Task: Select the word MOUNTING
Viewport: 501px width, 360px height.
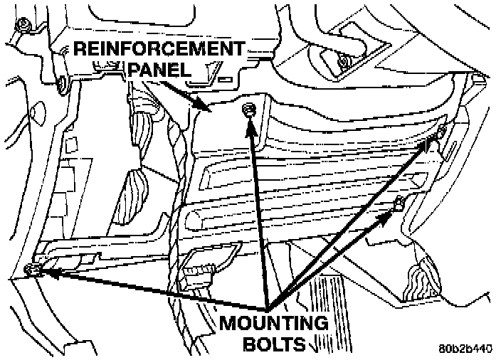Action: [273, 324]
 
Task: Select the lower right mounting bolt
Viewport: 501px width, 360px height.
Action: [401, 203]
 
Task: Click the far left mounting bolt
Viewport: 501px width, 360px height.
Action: [31, 268]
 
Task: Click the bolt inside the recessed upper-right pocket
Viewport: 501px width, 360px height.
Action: [344, 63]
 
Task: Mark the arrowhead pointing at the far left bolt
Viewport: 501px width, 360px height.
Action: [43, 271]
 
